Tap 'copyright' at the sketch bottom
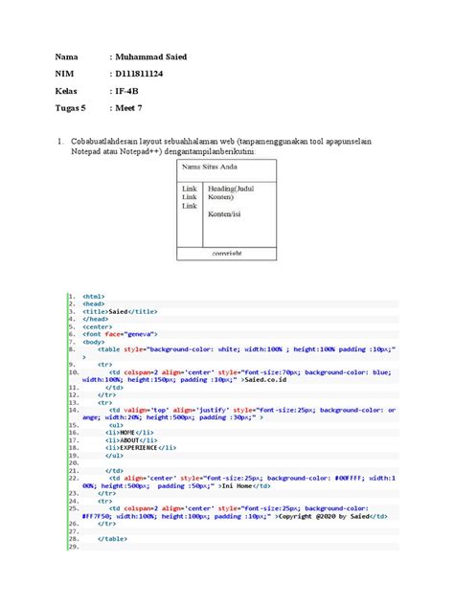click(227, 255)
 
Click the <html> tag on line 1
click(94, 297)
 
